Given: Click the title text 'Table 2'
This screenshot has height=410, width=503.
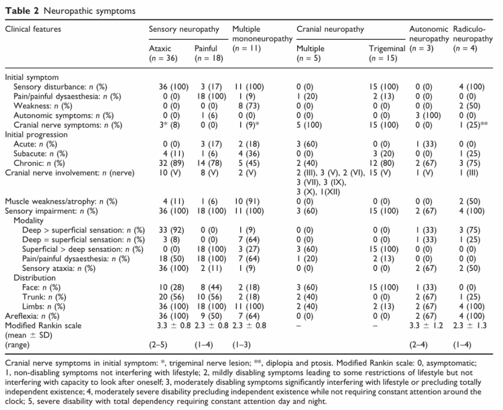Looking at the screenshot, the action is [x=22, y=11].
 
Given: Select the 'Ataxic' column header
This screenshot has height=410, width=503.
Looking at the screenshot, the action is [x=160, y=49].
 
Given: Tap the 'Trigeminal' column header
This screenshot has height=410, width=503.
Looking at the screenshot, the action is [x=387, y=49].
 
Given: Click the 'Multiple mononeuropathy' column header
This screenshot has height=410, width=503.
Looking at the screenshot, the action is [x=262, y=34].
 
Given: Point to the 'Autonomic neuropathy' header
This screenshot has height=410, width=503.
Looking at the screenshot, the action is [x=429, y=34].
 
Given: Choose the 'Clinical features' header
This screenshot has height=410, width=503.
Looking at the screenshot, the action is [x=33, y=29].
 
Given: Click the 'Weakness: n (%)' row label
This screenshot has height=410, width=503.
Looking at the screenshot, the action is [x=43, y=106].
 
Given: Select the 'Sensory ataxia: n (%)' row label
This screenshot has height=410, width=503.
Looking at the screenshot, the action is [x=59, y=268].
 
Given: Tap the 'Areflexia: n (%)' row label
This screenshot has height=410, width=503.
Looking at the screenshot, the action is [x=32, y=316].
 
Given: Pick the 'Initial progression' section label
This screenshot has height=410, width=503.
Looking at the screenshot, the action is [x=36, y=135].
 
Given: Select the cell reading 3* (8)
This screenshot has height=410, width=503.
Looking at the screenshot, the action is [x=169, y=125].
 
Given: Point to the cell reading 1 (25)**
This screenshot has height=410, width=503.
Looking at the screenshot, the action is [x=473, y=125].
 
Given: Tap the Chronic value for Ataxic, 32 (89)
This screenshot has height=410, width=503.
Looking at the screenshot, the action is [x=171, y=163].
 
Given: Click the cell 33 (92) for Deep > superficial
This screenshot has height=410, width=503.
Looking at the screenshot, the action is [x=171, y=230].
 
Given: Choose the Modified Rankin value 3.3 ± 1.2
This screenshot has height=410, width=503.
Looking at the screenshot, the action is [x=426, y=326].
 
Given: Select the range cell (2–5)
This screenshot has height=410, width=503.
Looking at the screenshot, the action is [x=158, y=345].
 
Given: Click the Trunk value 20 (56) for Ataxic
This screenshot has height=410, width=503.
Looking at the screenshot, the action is [x=171, y=297].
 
